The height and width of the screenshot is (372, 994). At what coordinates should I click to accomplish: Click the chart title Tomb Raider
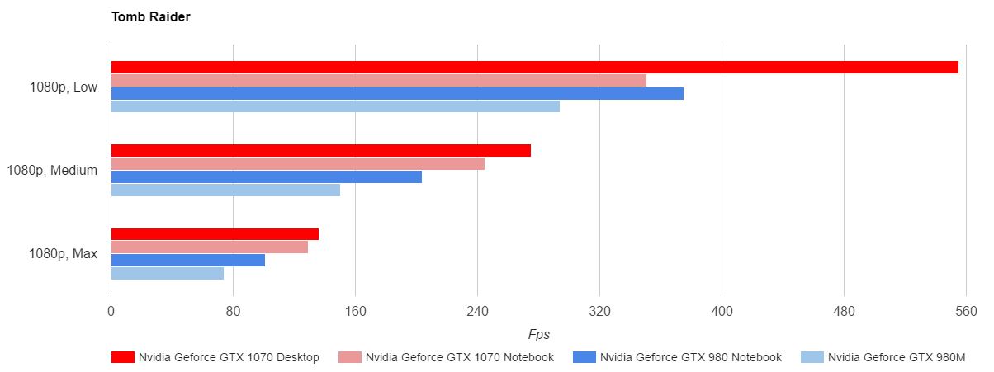coord(151,17)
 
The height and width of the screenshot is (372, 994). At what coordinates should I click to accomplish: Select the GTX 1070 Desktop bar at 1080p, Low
coord(534,68)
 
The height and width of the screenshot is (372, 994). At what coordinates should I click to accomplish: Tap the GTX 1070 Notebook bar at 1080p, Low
coord(378,81)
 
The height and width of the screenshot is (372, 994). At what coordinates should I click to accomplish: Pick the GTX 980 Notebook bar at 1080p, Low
coord(397,93)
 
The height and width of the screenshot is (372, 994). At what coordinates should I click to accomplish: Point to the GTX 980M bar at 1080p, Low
coord(335,106)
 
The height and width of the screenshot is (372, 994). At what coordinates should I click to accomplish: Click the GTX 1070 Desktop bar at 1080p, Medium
coord(320,151)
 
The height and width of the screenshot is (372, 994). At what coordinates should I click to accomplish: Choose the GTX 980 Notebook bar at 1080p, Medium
coord(266,177)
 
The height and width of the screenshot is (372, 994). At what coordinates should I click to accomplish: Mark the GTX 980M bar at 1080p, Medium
coord(225,190)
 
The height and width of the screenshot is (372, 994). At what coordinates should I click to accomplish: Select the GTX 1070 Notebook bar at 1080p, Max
coord(209,247)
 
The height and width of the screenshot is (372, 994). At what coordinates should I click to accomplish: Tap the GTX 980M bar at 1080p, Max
coord(167,273)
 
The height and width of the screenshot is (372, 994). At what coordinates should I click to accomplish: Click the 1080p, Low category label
coord(63,87)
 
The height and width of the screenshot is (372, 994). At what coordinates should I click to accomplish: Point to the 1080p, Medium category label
coord(52,171)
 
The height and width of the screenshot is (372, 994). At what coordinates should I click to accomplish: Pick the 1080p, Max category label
coord(63,254)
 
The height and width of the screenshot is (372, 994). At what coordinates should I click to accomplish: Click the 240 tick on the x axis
coord(477,312)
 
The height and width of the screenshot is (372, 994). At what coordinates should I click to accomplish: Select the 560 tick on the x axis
coord(966,312)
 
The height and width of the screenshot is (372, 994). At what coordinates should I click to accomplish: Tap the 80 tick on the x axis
coord(233,312)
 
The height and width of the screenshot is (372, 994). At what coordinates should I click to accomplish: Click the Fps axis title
coord(538,335)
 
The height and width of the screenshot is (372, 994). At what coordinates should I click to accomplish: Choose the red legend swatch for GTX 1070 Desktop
coord(122,357)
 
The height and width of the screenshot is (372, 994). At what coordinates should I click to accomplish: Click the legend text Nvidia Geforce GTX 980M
coord(897,357)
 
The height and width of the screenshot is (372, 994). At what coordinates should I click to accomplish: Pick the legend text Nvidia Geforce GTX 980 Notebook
coord(690,357)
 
